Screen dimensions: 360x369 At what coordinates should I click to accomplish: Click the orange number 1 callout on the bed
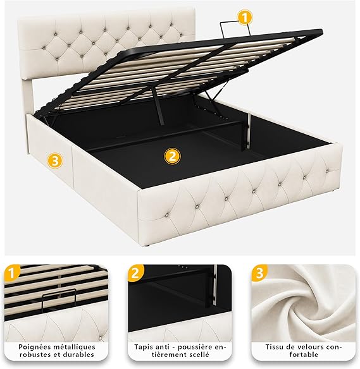point(245,18)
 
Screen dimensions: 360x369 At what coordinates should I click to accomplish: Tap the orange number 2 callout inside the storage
point(173,156)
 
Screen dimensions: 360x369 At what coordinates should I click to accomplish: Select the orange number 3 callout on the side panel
point(55,160)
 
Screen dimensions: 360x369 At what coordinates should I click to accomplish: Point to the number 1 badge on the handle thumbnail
point(11,272)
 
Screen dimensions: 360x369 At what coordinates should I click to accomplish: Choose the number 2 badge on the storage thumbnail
point(135,273)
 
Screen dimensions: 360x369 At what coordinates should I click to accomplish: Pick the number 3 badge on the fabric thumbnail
point(259,273)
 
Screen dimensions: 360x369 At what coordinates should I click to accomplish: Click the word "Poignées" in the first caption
point(34,347)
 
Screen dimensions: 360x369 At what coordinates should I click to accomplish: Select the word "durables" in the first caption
point(79,354)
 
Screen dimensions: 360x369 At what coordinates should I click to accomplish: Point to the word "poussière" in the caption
point(196,347)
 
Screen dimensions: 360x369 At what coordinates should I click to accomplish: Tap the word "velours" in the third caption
point(311,347)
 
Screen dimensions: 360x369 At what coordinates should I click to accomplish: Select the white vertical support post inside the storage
point(249,132)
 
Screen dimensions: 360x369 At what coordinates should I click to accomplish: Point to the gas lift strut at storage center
point(158,105)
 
